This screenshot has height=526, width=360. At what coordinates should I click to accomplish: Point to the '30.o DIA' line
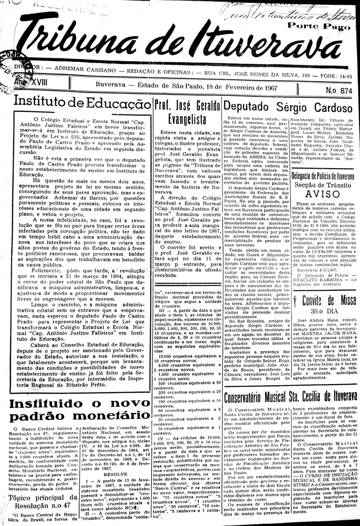[321, 298]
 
